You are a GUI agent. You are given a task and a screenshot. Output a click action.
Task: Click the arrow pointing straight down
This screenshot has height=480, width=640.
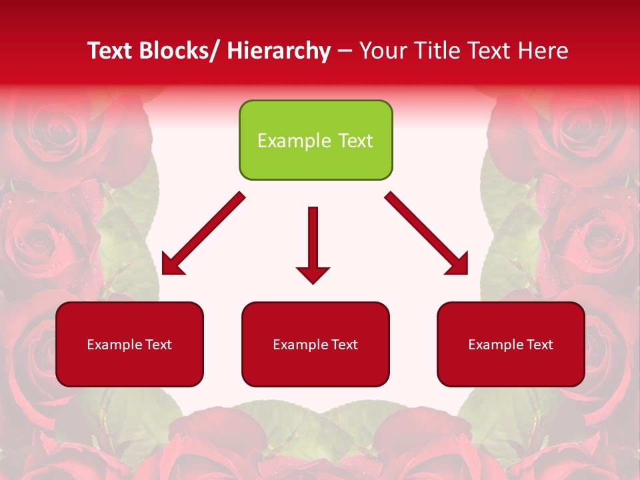coord(313,243)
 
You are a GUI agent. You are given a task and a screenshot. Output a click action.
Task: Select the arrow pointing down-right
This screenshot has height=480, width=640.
coord(427,233)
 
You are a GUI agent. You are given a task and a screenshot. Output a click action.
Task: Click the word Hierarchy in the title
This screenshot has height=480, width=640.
coord(279,51)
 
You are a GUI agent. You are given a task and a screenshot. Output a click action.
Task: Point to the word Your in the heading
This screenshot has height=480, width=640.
coord(381,51)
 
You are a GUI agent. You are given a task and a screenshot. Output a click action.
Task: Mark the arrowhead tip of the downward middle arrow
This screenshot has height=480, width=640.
coord(313,283)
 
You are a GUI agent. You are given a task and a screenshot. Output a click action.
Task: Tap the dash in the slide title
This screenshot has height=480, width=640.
coord(345,52)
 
